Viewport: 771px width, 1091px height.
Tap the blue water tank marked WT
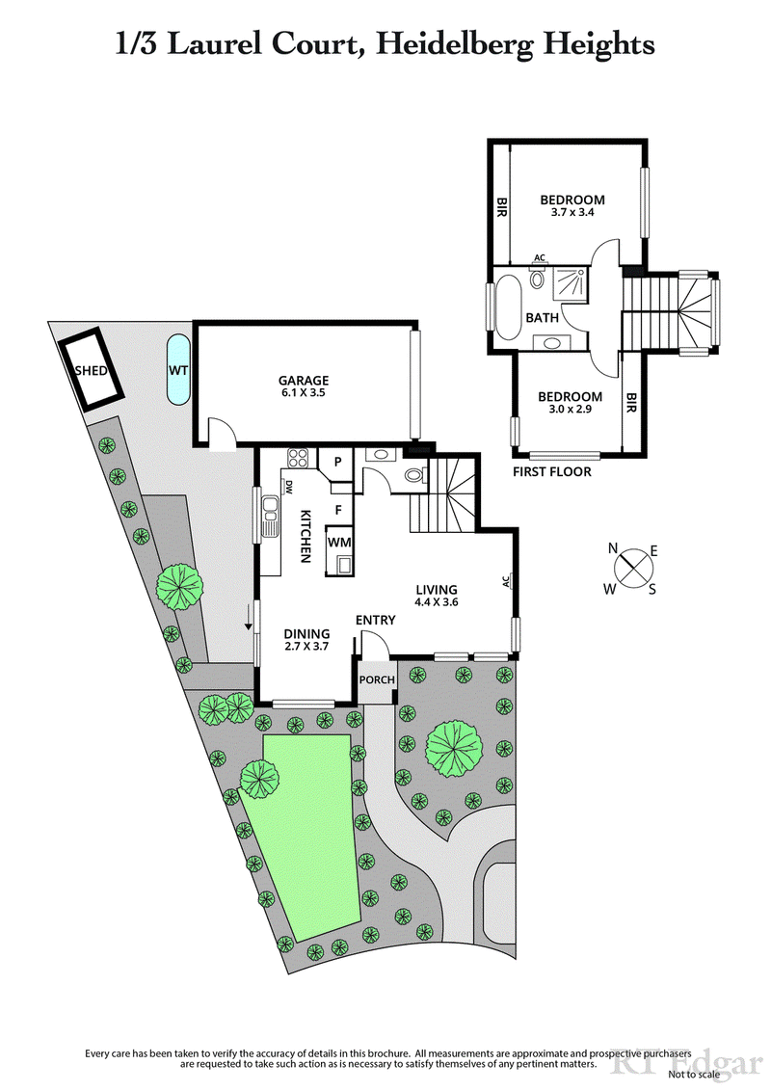click(177, 370)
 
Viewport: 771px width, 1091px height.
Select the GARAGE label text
click(305, 380)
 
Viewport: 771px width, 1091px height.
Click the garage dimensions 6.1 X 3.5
click(305, 393)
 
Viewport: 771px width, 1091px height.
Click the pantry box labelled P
click(337, 461)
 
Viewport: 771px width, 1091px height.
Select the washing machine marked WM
click(339, 543)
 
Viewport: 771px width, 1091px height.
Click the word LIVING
click(436, 590)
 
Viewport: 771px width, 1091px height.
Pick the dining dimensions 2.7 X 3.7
click(306, 648)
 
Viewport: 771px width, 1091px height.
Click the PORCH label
click(377, 679)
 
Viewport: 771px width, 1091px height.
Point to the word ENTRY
click(375, 620)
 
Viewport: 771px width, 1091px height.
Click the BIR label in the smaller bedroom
click(631, 404)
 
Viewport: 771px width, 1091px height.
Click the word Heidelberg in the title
click(451, 43)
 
